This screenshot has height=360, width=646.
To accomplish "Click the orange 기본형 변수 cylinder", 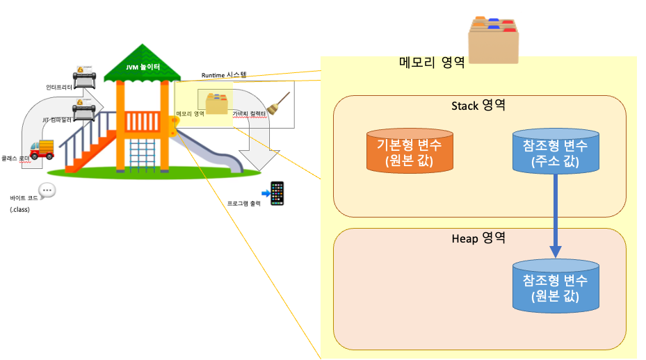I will point(410,152).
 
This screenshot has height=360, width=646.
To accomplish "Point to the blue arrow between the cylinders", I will point(556,215).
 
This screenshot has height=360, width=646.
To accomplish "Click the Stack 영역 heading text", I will point(478,106).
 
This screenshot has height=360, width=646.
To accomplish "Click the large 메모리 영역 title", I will point(432,63).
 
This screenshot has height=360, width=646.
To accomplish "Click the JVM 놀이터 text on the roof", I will point(143,67).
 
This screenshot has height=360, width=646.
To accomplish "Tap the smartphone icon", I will point(277,194).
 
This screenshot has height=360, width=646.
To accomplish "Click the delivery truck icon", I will point(42,149).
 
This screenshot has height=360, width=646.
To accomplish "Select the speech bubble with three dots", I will point(47,190).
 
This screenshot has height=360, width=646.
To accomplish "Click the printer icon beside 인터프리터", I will point(85,78).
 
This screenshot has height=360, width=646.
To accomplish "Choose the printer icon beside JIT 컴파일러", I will point(84,109).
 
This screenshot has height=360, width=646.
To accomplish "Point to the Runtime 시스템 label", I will point(224,73).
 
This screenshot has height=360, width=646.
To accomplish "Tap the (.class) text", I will point(20,209).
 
